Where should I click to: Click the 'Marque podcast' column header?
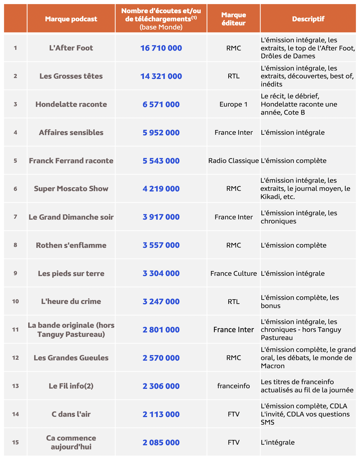71,19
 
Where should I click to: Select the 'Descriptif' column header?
308,19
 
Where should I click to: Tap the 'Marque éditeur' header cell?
234,19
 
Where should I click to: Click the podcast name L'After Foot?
71,48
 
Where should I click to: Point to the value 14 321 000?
161,76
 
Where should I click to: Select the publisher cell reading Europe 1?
234,104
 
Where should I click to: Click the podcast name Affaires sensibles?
71,133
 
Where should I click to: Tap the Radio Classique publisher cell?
234,161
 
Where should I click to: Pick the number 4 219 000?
161,189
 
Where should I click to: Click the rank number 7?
15,217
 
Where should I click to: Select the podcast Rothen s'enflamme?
71,245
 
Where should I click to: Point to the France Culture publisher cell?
234,273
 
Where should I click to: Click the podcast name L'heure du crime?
71,301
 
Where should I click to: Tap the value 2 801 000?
161,330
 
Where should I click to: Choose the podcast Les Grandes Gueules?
71,358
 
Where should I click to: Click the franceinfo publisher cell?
234,386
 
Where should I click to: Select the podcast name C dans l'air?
71,414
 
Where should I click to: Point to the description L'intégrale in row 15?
278,442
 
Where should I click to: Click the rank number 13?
15,386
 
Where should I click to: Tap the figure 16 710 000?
161,48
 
